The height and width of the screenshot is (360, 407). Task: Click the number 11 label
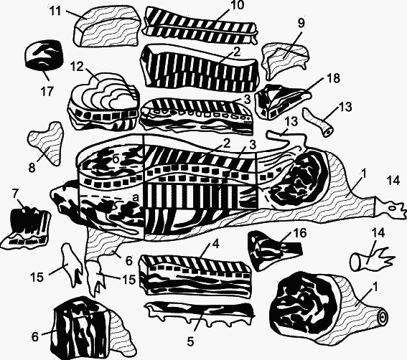tap(55, 11)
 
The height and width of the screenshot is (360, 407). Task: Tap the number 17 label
tap(47, 91)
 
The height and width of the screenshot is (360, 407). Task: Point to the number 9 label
tap(301, 24)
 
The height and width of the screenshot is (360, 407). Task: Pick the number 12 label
tap(77, 67)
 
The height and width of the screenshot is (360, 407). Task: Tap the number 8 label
tap(32, 168)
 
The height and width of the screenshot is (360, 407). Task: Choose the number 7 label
tap(16, 194)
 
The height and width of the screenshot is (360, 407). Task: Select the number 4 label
tap(216, 244)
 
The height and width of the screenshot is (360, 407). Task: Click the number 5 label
tap(190, 342)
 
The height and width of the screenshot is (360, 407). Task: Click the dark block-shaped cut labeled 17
tap(44, 56)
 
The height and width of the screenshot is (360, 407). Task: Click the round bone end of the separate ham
tap(383, 317)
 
